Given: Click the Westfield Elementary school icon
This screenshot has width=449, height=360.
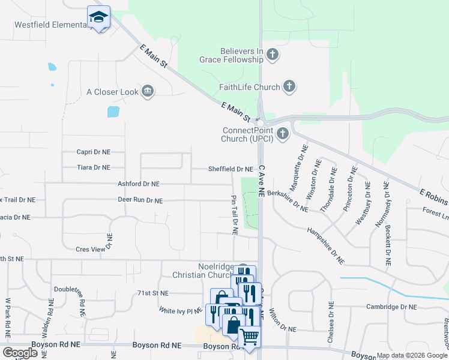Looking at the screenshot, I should tap(98, 17).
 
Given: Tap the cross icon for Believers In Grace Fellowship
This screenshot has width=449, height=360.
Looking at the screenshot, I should tap(272, 55).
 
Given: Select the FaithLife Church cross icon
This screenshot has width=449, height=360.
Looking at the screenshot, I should tap(289, 87).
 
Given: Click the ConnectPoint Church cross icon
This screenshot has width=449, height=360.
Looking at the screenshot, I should tap(282, 133).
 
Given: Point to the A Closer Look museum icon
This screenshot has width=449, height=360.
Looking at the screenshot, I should tap(147, 92).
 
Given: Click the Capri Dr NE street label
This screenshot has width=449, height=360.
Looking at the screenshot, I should tap(93, 152).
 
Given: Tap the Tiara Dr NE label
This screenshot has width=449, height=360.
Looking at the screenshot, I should tap(93, 167).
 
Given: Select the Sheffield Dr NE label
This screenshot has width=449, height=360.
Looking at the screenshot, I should tap(231, 169).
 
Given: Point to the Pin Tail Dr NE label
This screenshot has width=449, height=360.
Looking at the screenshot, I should tap(234, 214).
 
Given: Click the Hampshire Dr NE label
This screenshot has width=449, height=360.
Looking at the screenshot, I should tap(326, 245).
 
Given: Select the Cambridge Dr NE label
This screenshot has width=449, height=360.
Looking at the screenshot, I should tap(391, 307).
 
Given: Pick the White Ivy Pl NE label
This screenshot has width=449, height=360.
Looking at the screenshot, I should tap(180, 311).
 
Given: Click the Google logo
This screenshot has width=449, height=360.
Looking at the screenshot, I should tap(20, 353).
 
